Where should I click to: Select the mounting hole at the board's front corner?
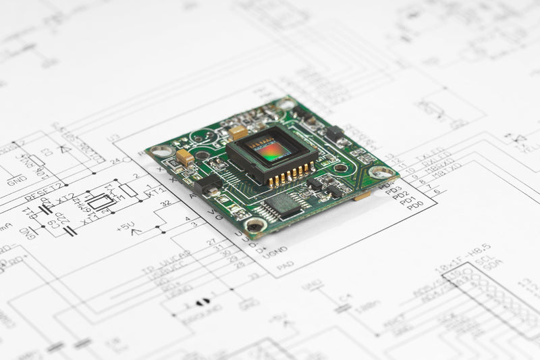click(x=256, y=226)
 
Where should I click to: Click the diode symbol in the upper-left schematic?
click(x=66, y=148)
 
